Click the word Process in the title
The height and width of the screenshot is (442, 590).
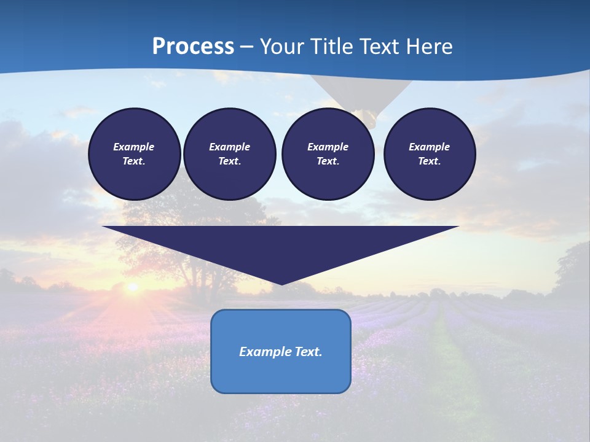click(193, 47)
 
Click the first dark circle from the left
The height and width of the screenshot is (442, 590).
click(134, 154)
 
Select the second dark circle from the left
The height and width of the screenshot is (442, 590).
click(229, 154)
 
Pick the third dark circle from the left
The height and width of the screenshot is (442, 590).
click(328, 154)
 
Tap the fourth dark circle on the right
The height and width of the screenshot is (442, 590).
click(430, 154)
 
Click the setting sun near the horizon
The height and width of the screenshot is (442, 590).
click(132, 287)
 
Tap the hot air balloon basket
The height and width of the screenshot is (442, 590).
click(368, 118)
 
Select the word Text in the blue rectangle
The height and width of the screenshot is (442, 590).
click(309, 352)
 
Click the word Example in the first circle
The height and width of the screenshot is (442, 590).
click(134, 147)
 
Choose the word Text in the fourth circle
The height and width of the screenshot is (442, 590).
click(430, 161)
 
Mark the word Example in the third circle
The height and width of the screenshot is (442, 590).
click(328, 147)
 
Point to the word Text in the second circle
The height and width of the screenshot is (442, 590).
click(229, 161)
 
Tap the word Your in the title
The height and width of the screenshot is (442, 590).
click(281, 47)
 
